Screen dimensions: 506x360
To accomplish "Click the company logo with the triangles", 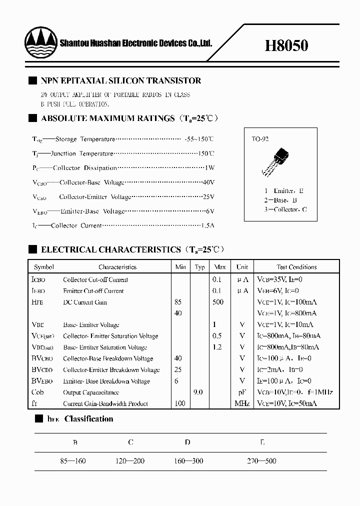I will (x=40, y=43).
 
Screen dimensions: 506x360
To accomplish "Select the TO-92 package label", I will (x=260, y=139).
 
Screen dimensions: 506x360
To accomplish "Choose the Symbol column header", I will (x=44, y=267).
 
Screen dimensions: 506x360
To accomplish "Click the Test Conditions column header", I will (x=296, y=267).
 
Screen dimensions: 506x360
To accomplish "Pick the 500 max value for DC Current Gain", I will (x=218, y=302).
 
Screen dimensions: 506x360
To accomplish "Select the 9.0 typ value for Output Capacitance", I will (x=198, y=392).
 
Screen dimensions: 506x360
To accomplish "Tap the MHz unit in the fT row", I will (x=242, y=403).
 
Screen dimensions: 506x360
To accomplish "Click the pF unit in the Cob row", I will (x=242, y=392).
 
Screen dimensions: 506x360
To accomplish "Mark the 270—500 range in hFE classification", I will (x=261, y=460).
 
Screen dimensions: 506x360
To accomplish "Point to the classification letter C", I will (x=130, y=442).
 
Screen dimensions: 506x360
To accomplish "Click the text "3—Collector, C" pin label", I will (x=285, y=209).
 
